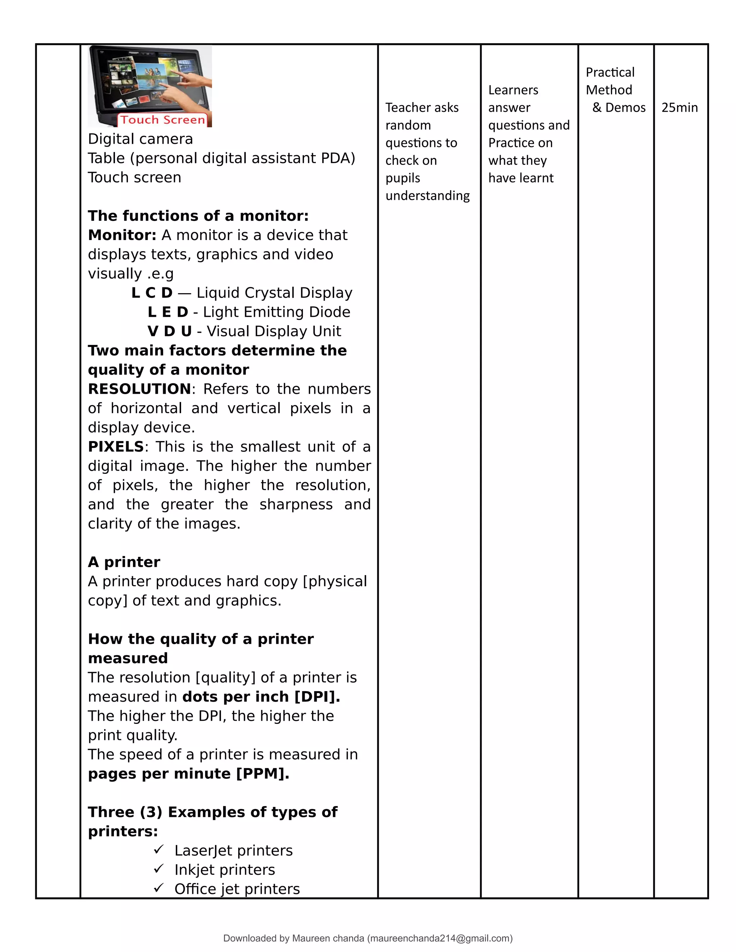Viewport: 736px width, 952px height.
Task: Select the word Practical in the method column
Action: coord(609,72)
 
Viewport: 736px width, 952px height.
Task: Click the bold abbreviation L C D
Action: coord(152,293)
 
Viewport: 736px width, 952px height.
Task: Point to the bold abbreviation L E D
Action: coord(168,312)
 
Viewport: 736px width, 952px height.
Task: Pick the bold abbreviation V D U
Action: coord(170,331)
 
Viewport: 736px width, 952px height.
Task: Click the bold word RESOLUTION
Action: coord(139,389)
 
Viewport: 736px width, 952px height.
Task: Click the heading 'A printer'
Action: coord(124,562)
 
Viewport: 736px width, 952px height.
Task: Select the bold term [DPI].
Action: coord(317,697)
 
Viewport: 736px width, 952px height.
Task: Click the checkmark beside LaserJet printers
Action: coord(158,850)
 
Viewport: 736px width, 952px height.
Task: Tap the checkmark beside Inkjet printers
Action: coord(158,869)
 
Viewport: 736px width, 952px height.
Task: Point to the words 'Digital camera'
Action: coord(141,139)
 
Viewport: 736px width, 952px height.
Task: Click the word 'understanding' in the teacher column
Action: coord(427,196)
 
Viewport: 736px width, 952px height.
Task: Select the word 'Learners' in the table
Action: coord(513,90)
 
